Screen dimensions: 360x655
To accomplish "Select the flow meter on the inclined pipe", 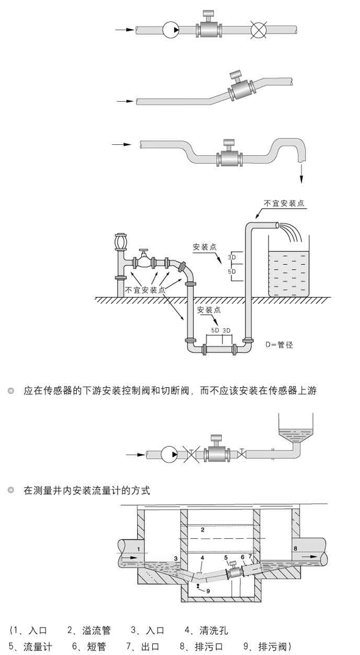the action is (x=241, y=88).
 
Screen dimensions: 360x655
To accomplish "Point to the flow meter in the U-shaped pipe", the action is (x=229, y=155).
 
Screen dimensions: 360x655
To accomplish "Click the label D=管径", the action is (x=280, y=345).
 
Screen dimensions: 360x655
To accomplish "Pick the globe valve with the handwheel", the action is (x=144, y=261).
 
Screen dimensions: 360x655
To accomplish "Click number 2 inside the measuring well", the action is (x=202, y=530).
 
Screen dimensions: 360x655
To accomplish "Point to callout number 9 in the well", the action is (x=208, y=590).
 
